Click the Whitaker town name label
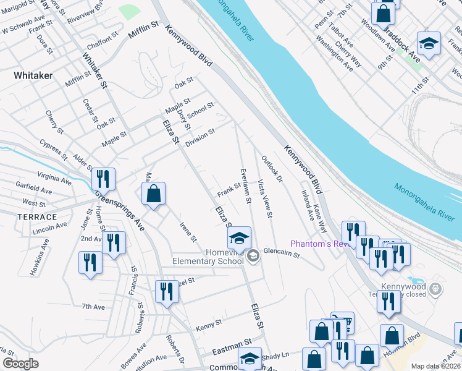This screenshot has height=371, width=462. (33, 75)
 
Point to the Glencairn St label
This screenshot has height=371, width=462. (281, 254)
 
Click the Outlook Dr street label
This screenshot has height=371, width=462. (271, 169)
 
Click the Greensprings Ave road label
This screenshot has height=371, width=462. (120, 210)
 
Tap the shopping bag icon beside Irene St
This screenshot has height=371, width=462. (154, 194)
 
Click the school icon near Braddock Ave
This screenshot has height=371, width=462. (429, 43)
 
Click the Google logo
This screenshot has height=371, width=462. (20, 364)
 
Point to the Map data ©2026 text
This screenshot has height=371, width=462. (435, 366)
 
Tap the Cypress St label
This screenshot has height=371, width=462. (52, 150)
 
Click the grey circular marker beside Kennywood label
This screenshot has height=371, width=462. (436, 288)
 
